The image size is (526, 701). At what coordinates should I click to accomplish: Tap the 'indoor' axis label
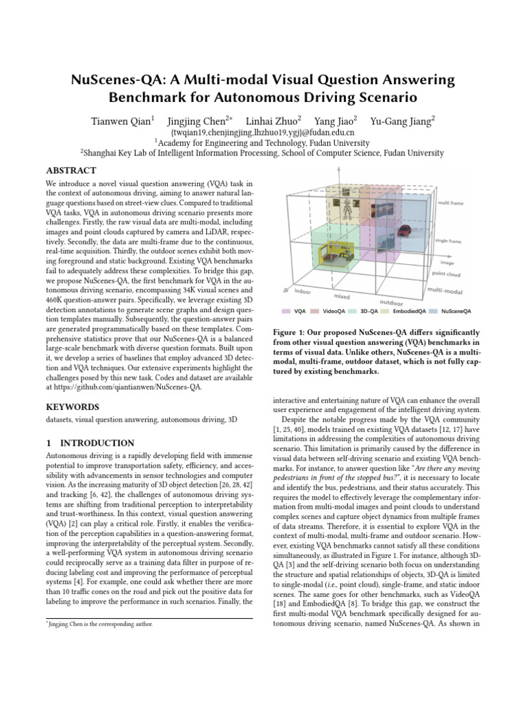pyautogui.click(x=302, y=292)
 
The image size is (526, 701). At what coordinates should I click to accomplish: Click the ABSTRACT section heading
pyautogui.click(x=71, y=170)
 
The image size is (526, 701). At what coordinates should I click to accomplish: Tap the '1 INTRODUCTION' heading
pyautogui.click(x=90, y=443)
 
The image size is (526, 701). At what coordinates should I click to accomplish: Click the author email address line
pyautogui.click(x=262, y=132)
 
